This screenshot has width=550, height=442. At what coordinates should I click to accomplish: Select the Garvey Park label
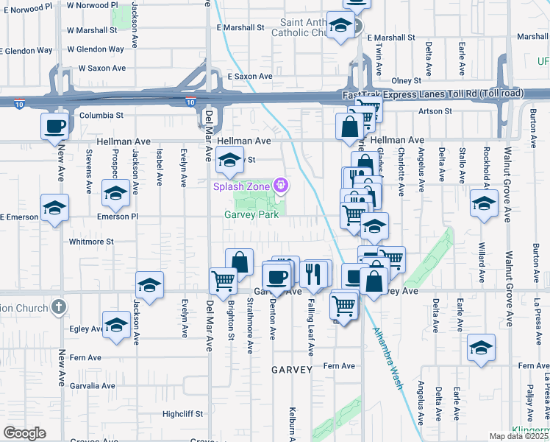[x=251, y=215]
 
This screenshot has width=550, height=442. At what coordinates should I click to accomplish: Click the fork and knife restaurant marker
[x=313, y=273]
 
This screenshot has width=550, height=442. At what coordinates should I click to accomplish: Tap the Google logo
[x=24, y=432]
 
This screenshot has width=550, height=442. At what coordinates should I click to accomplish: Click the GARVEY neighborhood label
[x=292, y=368]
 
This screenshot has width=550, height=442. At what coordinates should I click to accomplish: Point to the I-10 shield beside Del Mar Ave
[x=190, y=102]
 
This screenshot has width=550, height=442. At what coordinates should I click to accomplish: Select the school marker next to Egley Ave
[x=117, y=325]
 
